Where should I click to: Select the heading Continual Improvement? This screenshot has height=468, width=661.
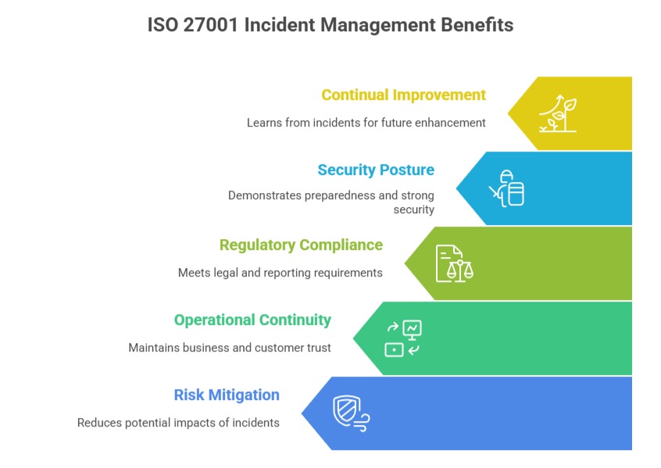tap(403, 95)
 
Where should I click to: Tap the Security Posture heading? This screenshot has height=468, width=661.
tap(375, 170)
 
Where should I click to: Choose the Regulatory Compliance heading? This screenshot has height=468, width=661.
tap(301, 245)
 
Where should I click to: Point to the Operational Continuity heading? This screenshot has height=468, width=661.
tap(252, 320)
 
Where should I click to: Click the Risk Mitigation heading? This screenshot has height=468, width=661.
tap(227, 395)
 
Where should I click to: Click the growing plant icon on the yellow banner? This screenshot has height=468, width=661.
tap(558, 114)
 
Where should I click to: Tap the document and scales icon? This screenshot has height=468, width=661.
tap(454, 263)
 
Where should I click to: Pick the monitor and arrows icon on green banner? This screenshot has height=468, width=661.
tap(403, 338)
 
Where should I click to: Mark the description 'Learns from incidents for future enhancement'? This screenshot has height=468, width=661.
tap(366, 123)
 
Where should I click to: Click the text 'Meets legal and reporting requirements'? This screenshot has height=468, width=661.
tap(280, 273)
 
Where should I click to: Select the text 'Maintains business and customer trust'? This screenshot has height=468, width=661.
tap(230, 348)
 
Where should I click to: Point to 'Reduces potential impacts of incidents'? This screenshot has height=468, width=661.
tap(178, 423)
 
